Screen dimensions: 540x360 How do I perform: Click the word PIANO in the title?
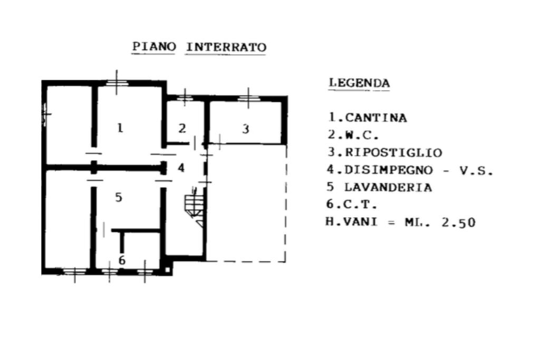click(154, 46)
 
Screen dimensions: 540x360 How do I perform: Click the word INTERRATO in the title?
click(226, 47)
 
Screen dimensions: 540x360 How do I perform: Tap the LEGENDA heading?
click(359, 83)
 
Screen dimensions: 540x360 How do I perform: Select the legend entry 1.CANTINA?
click(368, 118)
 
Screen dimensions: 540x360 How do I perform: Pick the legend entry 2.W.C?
click(353, 134)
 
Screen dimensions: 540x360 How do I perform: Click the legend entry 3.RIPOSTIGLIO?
click(384, 152)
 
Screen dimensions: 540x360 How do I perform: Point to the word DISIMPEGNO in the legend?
click(389, 170)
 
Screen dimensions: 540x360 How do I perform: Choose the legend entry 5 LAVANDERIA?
click(379, 187)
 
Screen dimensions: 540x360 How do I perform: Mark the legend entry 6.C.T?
click(352, 204)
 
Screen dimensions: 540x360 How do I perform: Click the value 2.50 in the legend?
click(458, 222)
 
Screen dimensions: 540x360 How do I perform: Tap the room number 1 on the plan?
click(120, 128)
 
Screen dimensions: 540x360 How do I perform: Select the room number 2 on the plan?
click(182, 129)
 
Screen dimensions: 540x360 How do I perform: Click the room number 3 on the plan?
click(246, 129)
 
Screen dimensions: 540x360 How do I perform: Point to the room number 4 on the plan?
click(181, 168)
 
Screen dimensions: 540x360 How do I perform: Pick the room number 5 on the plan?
click(119, 197)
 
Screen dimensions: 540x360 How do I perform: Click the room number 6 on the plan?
click(122, 260)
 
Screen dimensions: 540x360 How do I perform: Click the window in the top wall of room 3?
click(248, 98)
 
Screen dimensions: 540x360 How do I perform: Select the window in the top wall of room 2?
click(185, 98)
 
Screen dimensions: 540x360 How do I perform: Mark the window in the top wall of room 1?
click(117, 83)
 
